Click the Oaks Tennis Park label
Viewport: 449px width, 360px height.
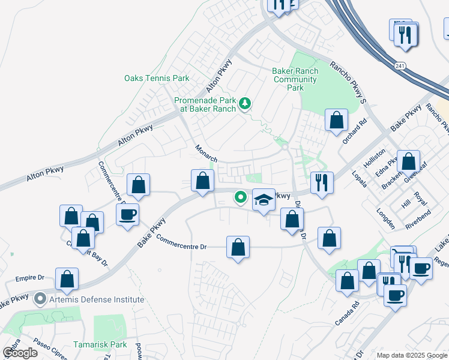click(x=157, y=78)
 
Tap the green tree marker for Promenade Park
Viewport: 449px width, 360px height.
click(x=245, y=104)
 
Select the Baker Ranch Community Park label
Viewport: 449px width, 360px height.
click(x=295, y=79)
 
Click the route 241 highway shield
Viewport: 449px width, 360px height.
click(x=400, y=65)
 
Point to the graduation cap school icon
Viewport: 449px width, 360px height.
click(x=264, y=200)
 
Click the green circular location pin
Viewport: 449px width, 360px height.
click(x=241, y=196)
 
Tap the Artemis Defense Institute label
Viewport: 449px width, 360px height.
click(x=97, y=299)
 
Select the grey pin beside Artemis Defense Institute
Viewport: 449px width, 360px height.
click(x=40, y=298)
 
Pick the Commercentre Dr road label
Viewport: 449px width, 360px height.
click(x=181, y=242)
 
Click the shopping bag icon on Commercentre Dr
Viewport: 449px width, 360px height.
click(x=238, y=247)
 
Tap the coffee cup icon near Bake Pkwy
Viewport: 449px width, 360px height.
click(x=128, y=215)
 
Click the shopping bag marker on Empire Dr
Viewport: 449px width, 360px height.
click(x=67, y=279)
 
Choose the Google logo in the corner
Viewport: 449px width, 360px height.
click(x=20, y=353)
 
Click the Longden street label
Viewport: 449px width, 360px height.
click(x=385, y=218)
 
